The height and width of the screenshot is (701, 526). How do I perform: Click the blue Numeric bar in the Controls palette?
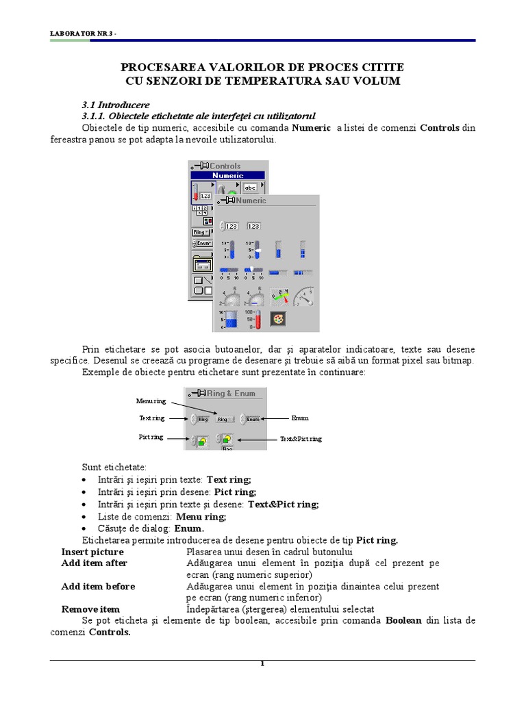click(227, 175)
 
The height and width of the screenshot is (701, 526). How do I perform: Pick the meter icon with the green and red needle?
click(279, 296)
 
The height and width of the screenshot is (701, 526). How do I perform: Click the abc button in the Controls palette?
click(254, 187)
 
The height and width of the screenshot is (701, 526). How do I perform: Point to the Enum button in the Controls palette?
click(201, 242)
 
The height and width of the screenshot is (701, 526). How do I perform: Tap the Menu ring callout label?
click(151, 401)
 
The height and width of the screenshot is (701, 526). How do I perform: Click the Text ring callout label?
click(152, 417)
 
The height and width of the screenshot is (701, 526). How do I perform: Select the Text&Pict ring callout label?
click(301, 438)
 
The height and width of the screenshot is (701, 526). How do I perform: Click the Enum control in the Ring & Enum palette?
click(253, 418)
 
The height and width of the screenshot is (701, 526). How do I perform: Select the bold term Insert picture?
click(92, 552)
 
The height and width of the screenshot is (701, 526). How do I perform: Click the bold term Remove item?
click(90, 609)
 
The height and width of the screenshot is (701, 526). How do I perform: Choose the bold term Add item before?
click(98, 586)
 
